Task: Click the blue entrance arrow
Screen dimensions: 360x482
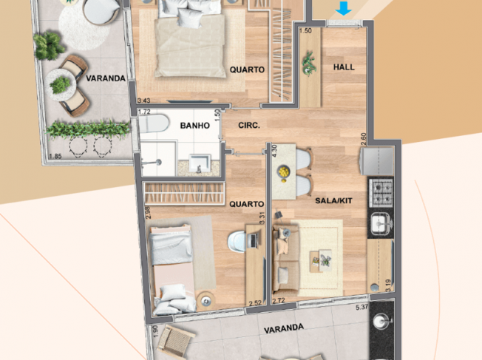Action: tap(342, 9)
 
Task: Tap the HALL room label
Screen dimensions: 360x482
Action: tap(344, 67)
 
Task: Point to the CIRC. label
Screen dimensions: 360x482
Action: tap(248, 126)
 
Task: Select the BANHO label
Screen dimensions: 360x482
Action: tap(195, 126)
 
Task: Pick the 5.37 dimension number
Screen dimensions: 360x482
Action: tap(362, 307)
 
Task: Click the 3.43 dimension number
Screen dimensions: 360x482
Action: tap(144, 101)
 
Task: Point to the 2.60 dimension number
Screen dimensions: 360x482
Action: tap(363, 138)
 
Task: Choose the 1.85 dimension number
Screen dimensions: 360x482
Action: tap(55, 156)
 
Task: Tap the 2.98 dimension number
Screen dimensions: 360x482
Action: tap(149, 213)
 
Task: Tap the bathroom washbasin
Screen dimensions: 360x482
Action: tap(200, 162)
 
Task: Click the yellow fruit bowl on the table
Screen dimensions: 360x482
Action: tap(282, 173)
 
